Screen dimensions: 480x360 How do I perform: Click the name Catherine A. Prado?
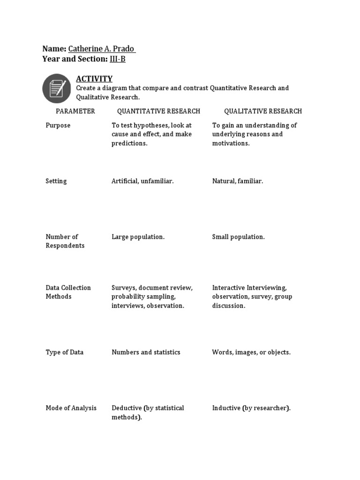click(x=102, y=49)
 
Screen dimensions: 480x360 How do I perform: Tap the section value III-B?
click(x=117, y=59)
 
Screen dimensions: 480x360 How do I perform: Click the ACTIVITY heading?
click(x=94, y=79)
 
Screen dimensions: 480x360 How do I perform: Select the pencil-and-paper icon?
click(x=57, y=89)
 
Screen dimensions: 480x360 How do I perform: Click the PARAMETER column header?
click(x=75, y=111)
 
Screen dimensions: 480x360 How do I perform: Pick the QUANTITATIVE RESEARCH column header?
click(x=158, y=111)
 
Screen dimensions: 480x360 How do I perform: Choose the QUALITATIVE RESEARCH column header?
click(x=263, y=111)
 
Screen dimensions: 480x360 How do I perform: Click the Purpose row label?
click(x=58, y=125)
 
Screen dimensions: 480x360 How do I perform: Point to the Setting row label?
click(x=56, y=181)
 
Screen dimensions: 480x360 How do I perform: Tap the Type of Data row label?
click(x=65, y=352)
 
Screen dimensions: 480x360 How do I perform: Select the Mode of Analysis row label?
click(x=71, y=408)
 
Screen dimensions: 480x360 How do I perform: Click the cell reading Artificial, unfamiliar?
click(x=142, y=181)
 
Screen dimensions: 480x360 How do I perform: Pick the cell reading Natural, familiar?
click(x=237, y=181)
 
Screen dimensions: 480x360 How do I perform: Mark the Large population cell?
click(x=138, y=237)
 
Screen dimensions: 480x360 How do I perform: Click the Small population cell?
click(x=238, y=237)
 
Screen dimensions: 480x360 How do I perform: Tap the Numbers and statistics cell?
click(x=146, y=352)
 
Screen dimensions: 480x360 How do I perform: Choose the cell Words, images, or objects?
click(x=251, y=352)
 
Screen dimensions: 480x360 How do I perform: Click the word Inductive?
click(x=226, y=408)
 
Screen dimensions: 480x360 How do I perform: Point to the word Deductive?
click(x=127, y=408)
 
